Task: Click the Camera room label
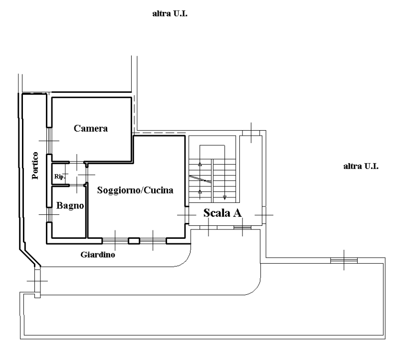point(91,129)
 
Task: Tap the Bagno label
point(69,205)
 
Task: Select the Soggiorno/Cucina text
point(135,190)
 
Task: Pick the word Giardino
point(98,255)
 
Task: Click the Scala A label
point(223,213)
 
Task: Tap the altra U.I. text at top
point(173,14)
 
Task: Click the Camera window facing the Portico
point(49,141)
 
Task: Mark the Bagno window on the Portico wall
point(49,214)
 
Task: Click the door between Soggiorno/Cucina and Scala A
point(187,214)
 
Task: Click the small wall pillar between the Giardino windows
point(134,241)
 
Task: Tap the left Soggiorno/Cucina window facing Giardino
point(115,241)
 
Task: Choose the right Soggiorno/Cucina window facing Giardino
point(153,241)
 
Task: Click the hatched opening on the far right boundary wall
point(344,260)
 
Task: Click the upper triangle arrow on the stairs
point(200,164)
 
